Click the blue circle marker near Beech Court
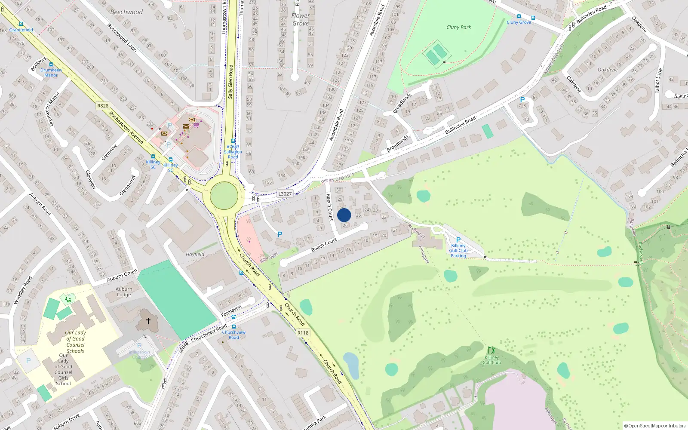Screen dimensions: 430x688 click(344, 215)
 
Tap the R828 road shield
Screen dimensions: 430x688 click(103, 106)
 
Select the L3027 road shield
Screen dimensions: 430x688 click(285, 194)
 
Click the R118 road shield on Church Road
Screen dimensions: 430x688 click(303, 333)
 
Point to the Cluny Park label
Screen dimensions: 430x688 click(458, 27)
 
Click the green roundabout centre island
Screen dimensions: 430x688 click(224, 196)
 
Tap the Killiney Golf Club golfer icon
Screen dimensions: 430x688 click(491, 350)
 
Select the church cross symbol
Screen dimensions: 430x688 click(148, 321)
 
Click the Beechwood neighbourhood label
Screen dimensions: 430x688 click(126, 12)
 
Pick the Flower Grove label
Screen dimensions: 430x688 click(300, 19)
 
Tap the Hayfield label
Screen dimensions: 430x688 click(195, 254)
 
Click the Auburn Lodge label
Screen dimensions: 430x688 click(124, 292)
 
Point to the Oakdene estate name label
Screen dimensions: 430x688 click(608, 70)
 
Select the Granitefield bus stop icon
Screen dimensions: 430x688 click(21, 25)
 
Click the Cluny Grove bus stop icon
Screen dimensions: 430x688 click(519, 17)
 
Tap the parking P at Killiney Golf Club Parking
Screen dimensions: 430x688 click(458, 240)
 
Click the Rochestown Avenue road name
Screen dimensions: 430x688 click(126, 128)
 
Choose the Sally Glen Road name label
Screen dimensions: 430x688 click(230, 82)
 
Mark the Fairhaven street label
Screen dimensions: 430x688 click(231, 311)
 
